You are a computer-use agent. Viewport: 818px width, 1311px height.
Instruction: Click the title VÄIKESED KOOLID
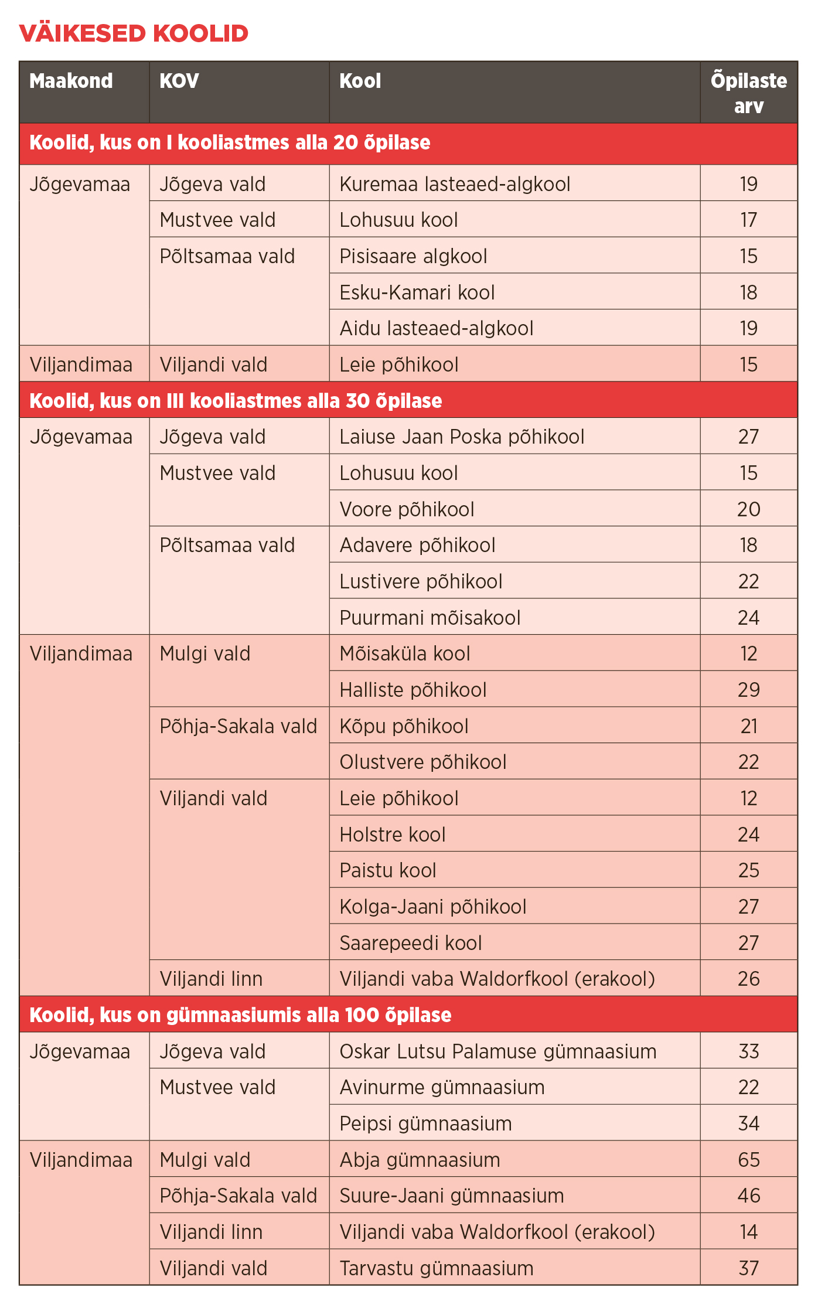[134, 33]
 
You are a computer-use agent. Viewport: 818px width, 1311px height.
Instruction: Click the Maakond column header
[71, 81]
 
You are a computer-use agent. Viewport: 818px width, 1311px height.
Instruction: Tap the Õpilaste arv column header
[748, 93]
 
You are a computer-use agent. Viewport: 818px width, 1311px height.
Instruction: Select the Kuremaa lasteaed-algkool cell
[455, 184]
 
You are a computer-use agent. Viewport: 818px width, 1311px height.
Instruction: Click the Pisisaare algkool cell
[413, 256]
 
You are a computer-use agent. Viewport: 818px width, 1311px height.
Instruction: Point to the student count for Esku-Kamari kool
[748, 292]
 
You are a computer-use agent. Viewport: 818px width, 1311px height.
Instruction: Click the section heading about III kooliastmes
[236, 401]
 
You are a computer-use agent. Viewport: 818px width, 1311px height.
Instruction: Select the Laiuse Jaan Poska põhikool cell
[462, 437]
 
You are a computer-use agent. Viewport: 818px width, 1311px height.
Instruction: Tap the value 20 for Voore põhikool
[748, 509]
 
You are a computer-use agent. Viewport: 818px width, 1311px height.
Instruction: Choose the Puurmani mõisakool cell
[430, 618]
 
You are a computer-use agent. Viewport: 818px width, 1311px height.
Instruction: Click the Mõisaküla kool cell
[405, 653]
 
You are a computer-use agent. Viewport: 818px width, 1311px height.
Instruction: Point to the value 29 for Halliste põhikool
[748, 690]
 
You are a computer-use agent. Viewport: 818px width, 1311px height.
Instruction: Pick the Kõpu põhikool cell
[404, 726]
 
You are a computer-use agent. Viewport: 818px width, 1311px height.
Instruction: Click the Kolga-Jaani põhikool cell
[433, 907]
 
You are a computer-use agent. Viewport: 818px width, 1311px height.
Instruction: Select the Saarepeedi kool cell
[411, 943]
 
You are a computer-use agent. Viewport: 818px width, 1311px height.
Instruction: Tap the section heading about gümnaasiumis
[240, 1015]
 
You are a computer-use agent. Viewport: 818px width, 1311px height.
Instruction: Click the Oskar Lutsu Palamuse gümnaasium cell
[498, 1051]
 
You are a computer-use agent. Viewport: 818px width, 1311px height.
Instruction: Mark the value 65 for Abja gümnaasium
[748, 1160]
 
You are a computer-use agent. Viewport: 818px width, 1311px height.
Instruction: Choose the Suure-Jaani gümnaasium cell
[452, 1196]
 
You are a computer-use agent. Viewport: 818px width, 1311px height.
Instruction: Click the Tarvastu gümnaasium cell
[437, 1268]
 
